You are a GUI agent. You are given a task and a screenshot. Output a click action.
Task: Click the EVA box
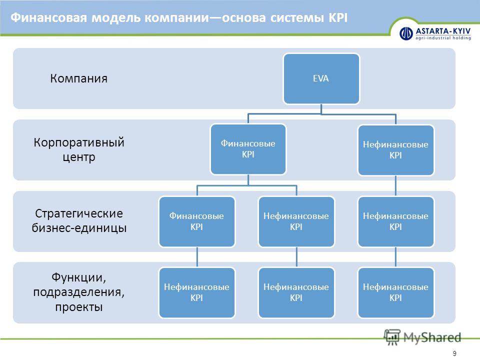[x=321, y=78]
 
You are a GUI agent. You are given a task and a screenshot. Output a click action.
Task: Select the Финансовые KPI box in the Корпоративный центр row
[x=248, y=149]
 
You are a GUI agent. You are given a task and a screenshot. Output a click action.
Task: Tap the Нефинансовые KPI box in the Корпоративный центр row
[x=396, y=150]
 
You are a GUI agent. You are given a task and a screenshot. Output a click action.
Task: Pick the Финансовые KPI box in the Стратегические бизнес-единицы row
[x=197, y=221]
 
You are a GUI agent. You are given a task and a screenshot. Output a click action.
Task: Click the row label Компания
[x=78, y=78]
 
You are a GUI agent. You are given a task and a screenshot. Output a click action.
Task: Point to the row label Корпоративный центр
[x=79, y=149]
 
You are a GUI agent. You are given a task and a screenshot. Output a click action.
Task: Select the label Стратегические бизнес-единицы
[x=79, y=220]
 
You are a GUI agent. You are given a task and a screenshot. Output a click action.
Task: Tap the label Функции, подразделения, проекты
[x=79, y=292]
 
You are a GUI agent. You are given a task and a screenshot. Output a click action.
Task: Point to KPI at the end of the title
[x=338, y=18]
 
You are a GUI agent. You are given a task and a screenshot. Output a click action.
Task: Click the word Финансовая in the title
[x=49, y=18]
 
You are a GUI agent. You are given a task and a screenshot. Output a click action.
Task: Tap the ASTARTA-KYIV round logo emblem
[x=406, y=33]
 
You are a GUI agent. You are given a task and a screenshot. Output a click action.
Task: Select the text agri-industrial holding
[x=443, y=38]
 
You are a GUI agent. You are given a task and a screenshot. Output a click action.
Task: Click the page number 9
[x=454, y=353]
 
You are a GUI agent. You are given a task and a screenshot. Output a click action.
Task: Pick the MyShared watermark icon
[x=392, y=337]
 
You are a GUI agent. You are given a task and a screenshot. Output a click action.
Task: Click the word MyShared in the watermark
[x=432, y=337]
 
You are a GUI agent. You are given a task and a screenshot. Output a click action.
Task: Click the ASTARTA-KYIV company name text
[x=443, y=31]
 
